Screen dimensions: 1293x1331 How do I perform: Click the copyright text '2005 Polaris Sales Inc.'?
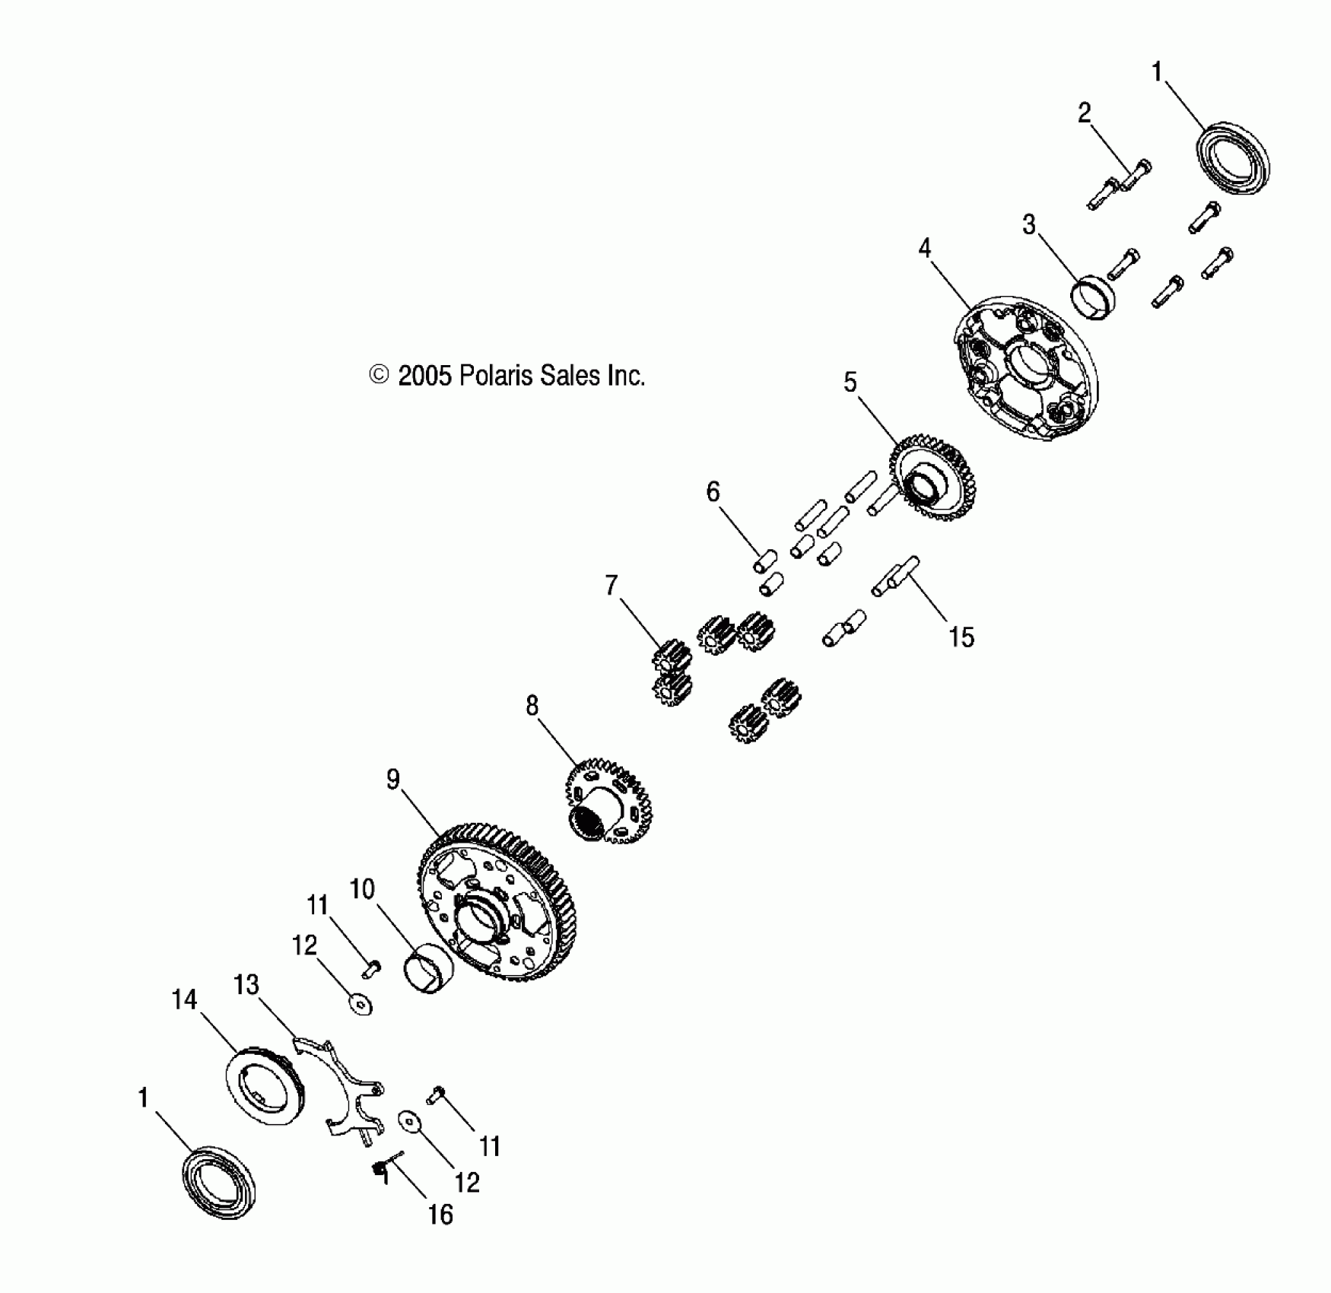[520, 376]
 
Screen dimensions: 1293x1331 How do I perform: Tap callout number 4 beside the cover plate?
[925, 248]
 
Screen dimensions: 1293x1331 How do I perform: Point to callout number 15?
[961, 637]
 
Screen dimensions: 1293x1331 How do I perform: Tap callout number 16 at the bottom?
[440, 1215]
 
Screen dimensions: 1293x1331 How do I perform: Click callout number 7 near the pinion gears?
[611, 586]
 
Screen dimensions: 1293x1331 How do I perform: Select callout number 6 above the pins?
[713, 492]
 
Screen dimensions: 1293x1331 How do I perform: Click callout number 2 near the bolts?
[1085, 113]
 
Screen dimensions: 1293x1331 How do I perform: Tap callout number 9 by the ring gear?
[392, 780]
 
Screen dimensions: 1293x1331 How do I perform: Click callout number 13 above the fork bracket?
[246, 985]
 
